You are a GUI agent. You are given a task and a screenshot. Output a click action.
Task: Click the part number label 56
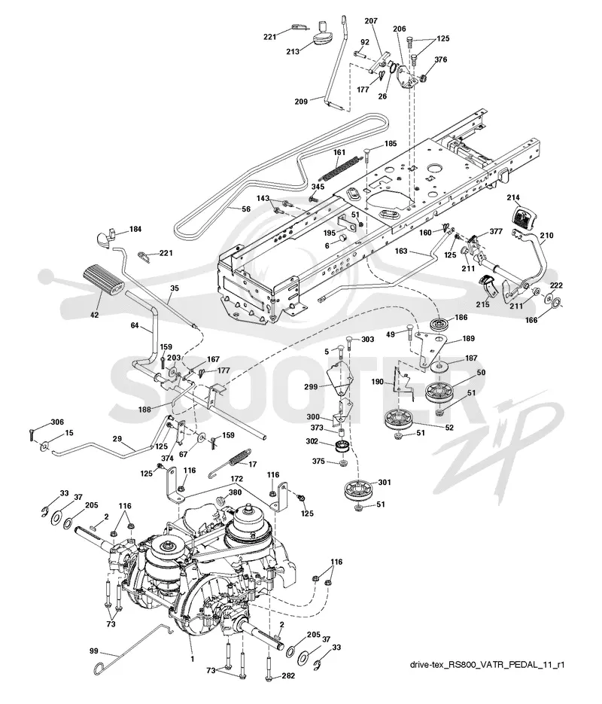pos(246,209)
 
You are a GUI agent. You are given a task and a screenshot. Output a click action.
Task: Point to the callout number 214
pos(513,197)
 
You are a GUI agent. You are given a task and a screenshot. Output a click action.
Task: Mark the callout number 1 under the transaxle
pos(193,659)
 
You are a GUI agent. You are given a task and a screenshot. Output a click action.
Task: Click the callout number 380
pos(235,492)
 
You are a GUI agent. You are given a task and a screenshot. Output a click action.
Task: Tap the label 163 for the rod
pos(401,251)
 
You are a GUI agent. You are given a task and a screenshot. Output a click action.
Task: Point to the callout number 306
pos(57,422)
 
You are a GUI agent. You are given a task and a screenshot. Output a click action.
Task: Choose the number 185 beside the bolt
pos(391,144)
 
